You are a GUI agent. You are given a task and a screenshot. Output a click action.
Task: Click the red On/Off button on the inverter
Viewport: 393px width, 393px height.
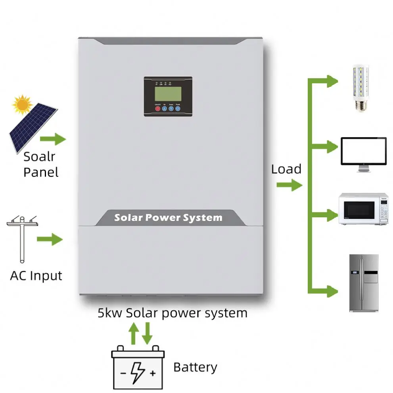point(157,108)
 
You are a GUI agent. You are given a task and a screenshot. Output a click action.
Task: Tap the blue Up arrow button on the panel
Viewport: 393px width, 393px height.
point(164,108)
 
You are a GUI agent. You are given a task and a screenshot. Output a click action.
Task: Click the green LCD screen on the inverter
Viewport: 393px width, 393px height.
point(168,94)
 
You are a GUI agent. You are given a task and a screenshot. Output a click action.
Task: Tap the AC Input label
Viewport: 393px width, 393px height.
point(36,275)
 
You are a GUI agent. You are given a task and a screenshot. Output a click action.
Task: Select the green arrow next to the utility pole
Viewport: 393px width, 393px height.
point(50,240)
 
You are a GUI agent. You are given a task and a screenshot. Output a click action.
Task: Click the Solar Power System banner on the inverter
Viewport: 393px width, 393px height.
point(168,218)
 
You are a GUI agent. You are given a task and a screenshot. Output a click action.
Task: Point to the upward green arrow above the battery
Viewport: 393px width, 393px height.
point(134,333)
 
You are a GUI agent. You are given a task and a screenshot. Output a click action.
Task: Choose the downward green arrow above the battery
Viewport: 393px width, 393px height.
point(147,333)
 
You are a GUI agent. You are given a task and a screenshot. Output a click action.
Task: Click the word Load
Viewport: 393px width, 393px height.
point(286,169)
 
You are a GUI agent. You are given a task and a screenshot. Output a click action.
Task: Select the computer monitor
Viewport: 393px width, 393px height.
point(364,153)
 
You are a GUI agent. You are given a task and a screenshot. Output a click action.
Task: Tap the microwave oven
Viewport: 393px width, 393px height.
point(362,209)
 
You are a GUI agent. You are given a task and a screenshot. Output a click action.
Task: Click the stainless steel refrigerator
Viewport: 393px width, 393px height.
point(363,283)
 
